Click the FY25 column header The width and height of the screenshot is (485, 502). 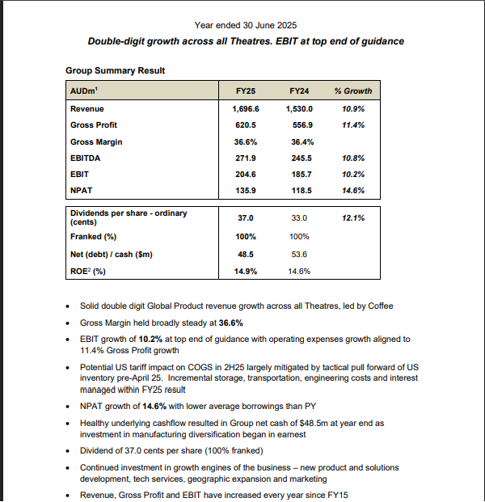[245, 91]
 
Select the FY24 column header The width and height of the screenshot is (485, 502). [299, 91]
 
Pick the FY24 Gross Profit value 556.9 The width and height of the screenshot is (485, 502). [299, 125]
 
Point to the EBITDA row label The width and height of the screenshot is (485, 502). [86, 158]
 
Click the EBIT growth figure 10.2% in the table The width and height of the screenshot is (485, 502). [352, 175]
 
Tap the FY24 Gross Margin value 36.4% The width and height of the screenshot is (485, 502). [299, 141]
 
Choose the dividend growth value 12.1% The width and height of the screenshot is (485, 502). [352, 217]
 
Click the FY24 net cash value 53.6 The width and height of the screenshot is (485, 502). [299, 254]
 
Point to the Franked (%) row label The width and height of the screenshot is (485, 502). [93, 236]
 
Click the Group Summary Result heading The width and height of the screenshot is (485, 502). [115, 70]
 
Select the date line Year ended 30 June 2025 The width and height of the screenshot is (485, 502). [246, 25]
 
